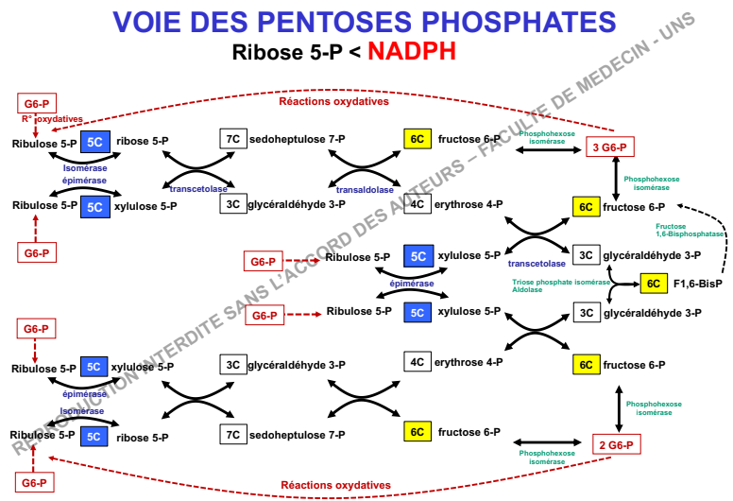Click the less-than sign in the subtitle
(354, 52)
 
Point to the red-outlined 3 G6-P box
(609, 147)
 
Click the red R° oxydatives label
(52, 119)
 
